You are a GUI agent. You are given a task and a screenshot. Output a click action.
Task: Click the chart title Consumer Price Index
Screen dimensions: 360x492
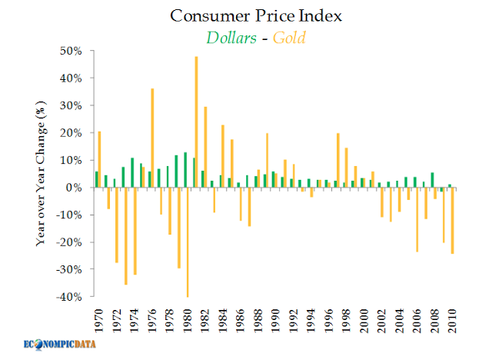tap(246, 16)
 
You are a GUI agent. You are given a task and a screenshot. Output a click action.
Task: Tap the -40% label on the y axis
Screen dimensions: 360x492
tap(70, 297)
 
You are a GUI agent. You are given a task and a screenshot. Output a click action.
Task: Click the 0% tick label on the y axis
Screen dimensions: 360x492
tap(75, 188)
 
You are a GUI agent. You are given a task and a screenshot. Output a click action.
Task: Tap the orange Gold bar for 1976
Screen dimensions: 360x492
tap(152, 138)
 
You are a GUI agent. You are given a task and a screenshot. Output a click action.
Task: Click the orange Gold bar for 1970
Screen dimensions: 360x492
tap(99, 159)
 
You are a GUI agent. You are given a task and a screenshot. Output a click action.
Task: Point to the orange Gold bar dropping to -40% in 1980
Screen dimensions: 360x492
tap(188, 242)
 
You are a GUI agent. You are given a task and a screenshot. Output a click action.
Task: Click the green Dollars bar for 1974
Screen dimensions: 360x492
tap(131, 173)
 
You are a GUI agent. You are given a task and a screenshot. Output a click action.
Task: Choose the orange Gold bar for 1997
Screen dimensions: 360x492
tap(338, 160)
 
